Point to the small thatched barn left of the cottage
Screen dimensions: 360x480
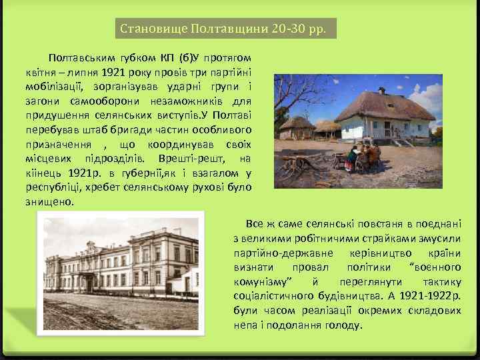point(298,128)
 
